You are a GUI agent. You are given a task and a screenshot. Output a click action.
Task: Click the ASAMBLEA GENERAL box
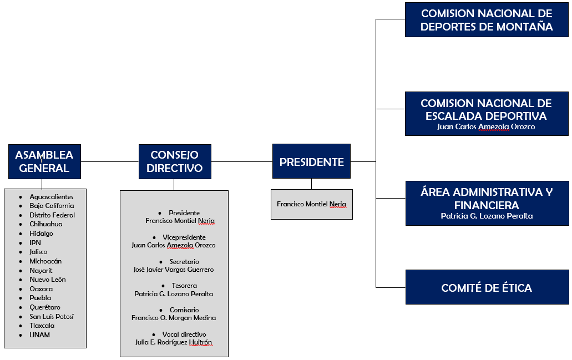tap(44, 161)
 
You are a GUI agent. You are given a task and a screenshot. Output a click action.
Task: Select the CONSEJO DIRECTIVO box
tap(175, 161)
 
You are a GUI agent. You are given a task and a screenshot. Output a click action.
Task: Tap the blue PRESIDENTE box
tap(312, 161)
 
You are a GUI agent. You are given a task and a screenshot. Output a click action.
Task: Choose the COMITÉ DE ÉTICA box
tap(487, 287)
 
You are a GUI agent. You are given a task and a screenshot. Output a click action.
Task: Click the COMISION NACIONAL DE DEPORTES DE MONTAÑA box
tap(487, 20)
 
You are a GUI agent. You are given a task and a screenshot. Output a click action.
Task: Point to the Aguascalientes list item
tap(52, 197)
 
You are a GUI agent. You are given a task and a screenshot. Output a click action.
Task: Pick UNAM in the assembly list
tap(40, 335)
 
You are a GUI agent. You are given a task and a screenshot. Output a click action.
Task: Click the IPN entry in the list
tap(36, 243)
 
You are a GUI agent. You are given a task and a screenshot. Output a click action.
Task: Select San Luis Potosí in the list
tap(52, 317)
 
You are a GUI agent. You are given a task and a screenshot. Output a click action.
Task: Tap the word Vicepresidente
tap(184, 237)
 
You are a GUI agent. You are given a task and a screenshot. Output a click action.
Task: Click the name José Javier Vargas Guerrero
tap(174, 270)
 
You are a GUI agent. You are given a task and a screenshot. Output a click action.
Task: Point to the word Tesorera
tap(184, 286)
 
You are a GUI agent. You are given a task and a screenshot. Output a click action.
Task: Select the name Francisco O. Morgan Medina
tap(174, 318)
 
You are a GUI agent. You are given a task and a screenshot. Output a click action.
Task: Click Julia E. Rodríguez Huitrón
tap(174, 342)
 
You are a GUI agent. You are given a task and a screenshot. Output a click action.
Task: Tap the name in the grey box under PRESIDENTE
tap(312, 204)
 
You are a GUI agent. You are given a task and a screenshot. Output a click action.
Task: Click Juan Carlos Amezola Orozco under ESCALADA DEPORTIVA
tap(486, 127)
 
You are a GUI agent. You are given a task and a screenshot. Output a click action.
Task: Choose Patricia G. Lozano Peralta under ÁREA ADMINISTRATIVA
tap(487, 216)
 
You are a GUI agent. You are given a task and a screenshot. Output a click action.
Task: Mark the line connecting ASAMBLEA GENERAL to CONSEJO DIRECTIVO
tap(110, 161)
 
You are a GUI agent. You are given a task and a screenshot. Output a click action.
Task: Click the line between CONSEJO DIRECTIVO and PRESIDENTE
tap(242, 161)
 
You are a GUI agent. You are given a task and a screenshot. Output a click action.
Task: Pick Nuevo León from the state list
tap(48, 280)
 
